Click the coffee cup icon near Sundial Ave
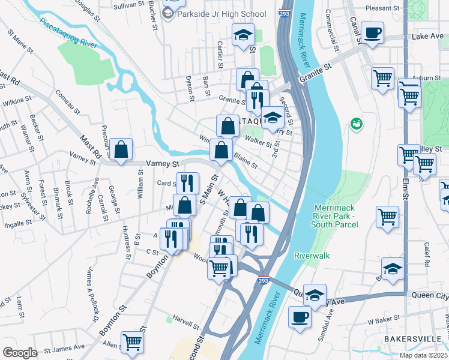pos(300,317)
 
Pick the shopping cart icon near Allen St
pos(132,343)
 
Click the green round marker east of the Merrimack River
pos(356,124)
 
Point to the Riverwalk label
pos(312,255)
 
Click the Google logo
pos(20,353)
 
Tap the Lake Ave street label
pos(427,37)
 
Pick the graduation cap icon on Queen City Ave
pos(314,295)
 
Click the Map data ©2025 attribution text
pos(423,355)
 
